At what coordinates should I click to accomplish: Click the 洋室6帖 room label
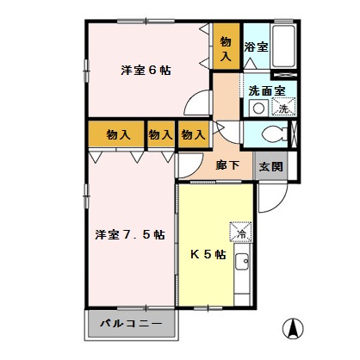coord(146,70)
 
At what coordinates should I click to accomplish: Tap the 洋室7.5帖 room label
coord(130,233)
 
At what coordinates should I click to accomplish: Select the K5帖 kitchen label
coord(208,254)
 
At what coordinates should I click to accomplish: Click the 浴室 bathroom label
coord(256,47)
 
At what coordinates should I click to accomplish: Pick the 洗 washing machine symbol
coord(282,108)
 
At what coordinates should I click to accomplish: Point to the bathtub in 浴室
coord(285,48)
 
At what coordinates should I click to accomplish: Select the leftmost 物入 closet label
coord(118,135)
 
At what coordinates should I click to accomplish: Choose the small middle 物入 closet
coord(159,135)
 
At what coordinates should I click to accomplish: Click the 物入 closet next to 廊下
coord(193,135)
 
